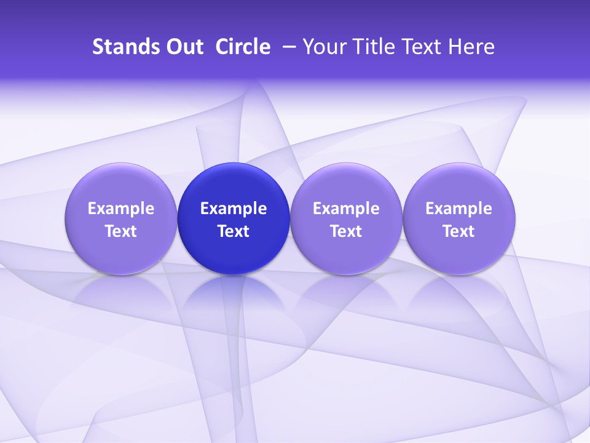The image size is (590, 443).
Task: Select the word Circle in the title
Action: pyautogui.click(x=243, y=47)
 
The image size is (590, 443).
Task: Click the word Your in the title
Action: pyautogui.click(x=323, y=47)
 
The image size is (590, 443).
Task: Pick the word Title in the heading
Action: pyautogui.click(x=372, y=47)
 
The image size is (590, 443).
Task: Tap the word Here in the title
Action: pyautogui.click(x=472, y=47)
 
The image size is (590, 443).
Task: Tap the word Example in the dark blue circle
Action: pyautogui.click(x=234, y=209)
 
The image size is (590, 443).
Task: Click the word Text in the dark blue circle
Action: pyautogui.click(x=234, y=231)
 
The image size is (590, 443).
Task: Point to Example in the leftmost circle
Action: pyautogui.click(x=120, y=209)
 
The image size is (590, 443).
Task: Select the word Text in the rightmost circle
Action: pyautogui.click(x=458, y=231)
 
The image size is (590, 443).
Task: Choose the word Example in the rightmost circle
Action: pyautogui.click(x=458, y=209)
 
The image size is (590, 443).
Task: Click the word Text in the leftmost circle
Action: pyautogui.click(x=120, y=231)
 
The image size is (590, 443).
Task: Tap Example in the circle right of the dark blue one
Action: pyautogui.click(x=346, y=209)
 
